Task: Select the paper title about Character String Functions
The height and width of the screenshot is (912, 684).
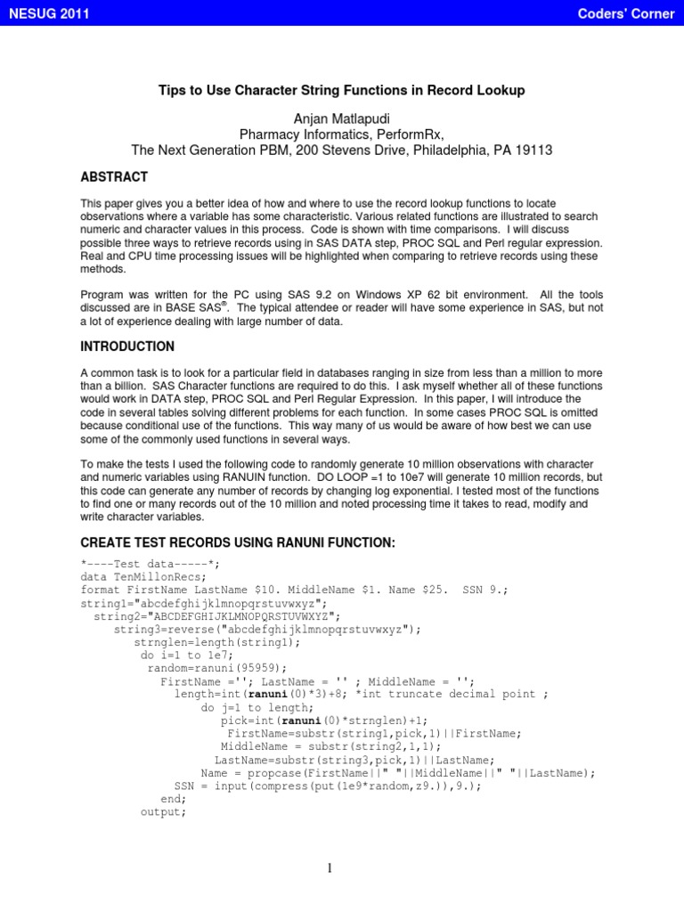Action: tap(342, 90)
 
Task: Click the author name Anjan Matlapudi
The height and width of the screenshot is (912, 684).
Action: tap(342, 119)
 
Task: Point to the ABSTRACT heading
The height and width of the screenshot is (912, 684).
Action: tap(114, 176)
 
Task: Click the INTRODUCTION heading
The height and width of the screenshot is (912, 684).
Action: tap(127, 346)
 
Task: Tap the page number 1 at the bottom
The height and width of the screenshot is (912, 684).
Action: tap(330, 869)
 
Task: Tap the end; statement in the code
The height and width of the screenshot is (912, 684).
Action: tap(174, 799)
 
